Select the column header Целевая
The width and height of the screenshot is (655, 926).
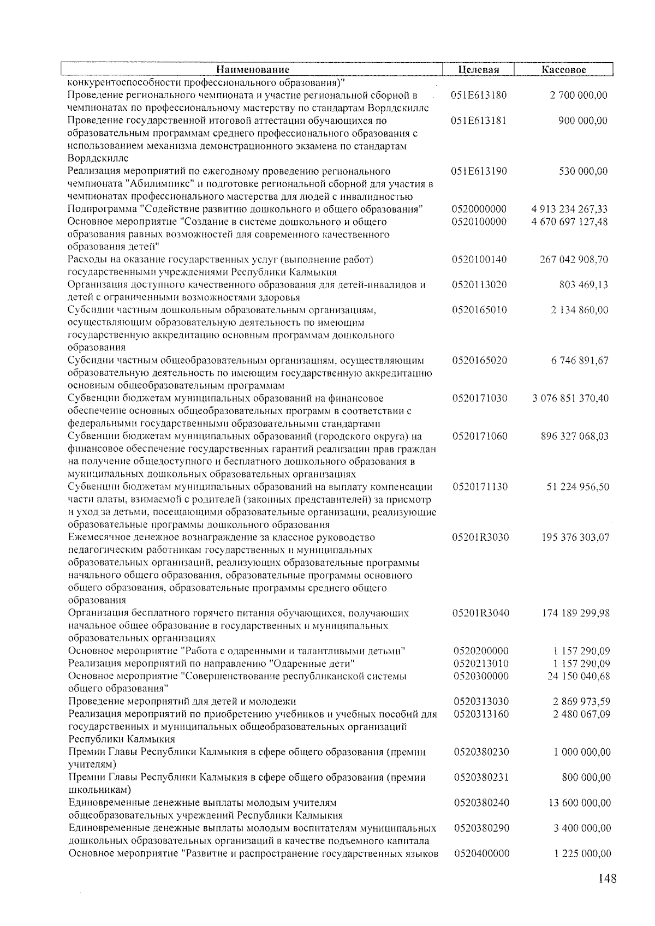click(x=479, y=70)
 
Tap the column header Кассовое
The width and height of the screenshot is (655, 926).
click(x=564, y=70)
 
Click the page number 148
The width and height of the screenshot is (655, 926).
click(x=607, y=879)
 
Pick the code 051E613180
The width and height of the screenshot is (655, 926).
click(x=479, y=95)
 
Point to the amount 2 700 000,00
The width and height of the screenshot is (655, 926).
click(x=579, y=95)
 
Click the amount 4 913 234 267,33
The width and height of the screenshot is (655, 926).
click(x=569, y=210)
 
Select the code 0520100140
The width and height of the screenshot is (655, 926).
click(x=479, y=260)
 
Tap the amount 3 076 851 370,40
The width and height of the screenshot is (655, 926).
click(x=570, y=398)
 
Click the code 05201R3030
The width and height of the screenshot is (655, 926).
click(x=480, y=537)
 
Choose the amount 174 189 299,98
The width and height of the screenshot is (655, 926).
click(x=575, y=613)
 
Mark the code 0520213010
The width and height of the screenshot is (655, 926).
click(x=481, y=664)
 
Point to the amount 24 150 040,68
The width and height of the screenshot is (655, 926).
click(x=579, y=677)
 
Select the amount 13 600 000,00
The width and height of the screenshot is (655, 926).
click(x=579, y=803)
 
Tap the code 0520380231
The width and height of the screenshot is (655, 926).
click(x=481, y=778)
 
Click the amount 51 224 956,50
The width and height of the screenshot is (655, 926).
click(x=577, y=487)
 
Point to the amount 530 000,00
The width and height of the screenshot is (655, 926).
click(x=583, y=171)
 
